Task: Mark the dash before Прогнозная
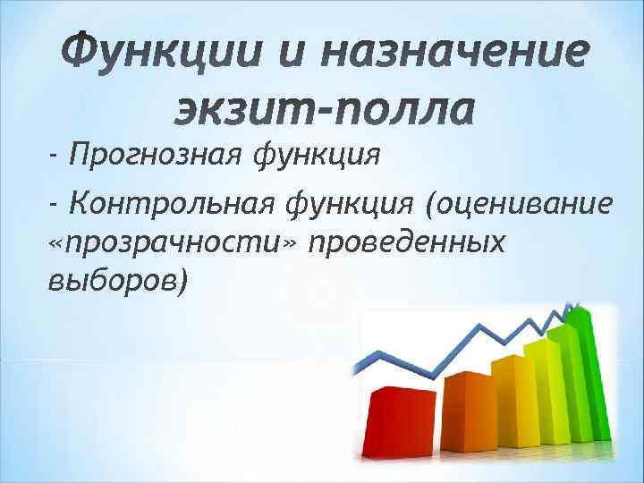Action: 55,159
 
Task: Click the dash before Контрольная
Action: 55,207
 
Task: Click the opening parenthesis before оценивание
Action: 433,207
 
